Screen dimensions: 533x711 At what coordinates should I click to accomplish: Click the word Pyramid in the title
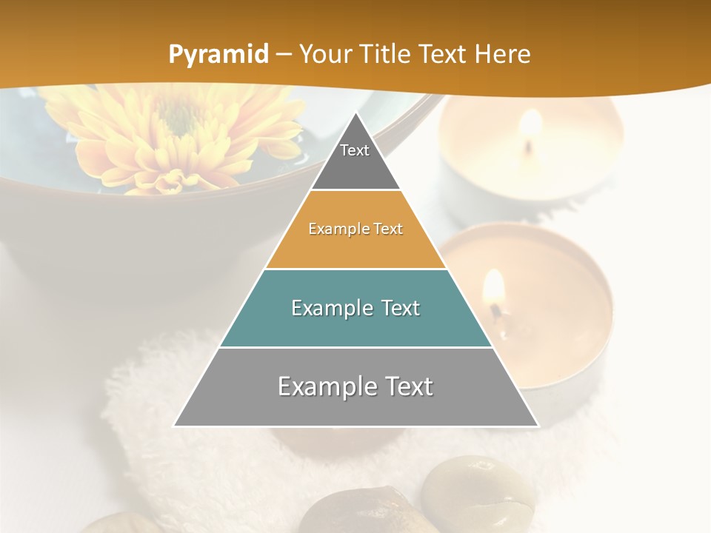(x=218, y=55)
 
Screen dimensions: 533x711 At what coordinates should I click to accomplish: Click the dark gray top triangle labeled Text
(x=355, y=159)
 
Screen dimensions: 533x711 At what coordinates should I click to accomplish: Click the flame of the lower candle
(x=493, y=288)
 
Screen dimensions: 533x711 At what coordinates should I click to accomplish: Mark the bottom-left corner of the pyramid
(x=174, y=426)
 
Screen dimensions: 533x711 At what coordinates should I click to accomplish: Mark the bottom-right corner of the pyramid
(x=538, y=426)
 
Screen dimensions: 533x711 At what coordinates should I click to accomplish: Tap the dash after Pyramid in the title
(x=284, y=55)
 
